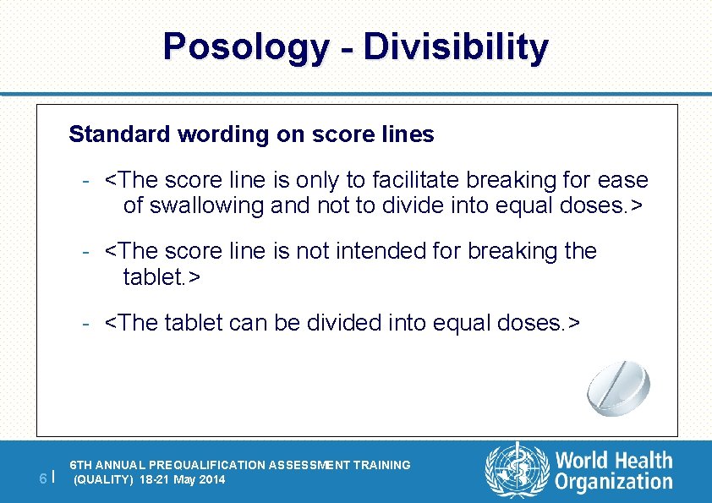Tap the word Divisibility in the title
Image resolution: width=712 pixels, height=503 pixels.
coord(456,47)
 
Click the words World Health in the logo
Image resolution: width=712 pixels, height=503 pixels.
coord(614,461)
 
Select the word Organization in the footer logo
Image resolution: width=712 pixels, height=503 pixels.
coord(614,483)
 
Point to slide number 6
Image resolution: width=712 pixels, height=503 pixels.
coord(43,479)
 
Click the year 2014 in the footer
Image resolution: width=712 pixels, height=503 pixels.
coord(211,480)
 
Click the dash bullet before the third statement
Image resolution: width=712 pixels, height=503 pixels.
coord(86,323)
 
